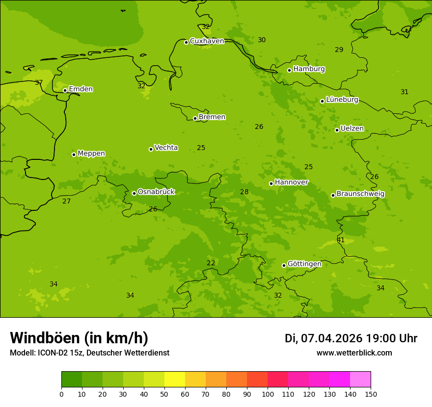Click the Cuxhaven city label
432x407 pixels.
pos(207,41)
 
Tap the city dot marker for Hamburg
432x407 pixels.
pos(289,70)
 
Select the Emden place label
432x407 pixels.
pos(81,89)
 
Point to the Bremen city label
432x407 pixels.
pos(212,117)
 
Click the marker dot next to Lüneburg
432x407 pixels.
pos(322,101)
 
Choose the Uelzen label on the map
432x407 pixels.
pos(352,129)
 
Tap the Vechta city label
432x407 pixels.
pos(166,148)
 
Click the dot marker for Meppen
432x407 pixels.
pos(74,154)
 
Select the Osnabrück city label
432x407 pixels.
pos(156,192)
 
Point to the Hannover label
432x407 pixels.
pos(291,182)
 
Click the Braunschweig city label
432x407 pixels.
pos(360,194)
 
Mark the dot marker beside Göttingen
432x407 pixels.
pos(284,265)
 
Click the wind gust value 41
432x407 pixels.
pos(341,240)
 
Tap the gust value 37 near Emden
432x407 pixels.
pos(39,83)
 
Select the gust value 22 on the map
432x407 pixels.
pos(211,263)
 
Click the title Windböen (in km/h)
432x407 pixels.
pos(79,338)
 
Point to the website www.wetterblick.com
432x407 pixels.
pos(354,353)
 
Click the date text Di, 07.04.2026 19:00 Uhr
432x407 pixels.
pos(351,338)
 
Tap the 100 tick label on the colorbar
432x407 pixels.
pos(268,394)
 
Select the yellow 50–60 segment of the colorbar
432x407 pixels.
pos(175,380)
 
